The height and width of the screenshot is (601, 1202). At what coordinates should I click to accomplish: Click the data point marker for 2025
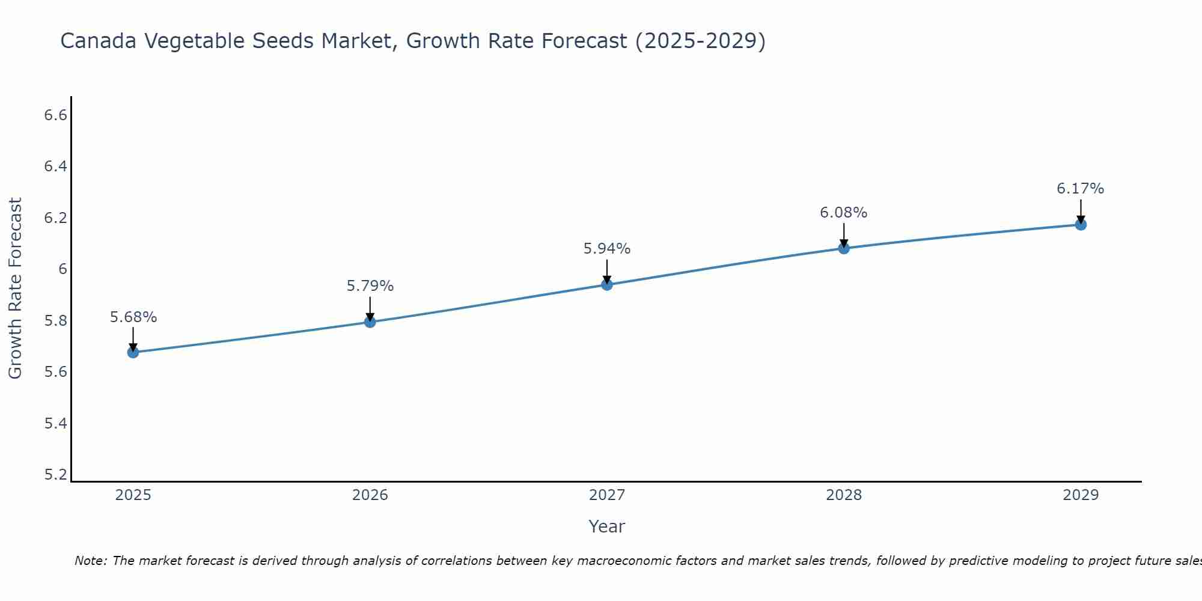coord(133,352)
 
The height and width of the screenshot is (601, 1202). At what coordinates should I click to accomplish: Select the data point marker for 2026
coord(370,322)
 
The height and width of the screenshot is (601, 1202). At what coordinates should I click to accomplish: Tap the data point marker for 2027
coord(607,284)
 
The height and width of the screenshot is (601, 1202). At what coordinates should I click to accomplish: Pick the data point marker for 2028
coord(844,248)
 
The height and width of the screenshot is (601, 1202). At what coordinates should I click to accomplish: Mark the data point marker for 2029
coord(1081,225)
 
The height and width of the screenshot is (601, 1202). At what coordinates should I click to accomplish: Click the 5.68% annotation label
coord(133,317)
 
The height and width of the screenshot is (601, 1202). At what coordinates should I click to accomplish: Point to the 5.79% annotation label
coord(370,286)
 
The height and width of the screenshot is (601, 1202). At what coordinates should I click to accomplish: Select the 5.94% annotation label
coord(607,249)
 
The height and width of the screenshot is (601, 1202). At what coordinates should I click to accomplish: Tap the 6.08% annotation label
coord(844,213)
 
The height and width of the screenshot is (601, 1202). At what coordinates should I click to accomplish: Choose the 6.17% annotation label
coord(1081,189)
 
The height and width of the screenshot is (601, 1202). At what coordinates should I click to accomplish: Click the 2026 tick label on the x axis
coord(370,495)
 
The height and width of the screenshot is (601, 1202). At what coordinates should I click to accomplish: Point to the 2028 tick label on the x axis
coord(844,495)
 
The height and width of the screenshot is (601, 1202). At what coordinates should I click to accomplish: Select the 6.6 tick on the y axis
coord(55,115)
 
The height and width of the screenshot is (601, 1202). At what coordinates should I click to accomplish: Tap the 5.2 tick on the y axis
coord(55,475)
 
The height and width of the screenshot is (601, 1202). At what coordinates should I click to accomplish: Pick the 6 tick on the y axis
coord(63,269)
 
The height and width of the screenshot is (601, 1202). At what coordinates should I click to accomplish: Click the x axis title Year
coord(607,526)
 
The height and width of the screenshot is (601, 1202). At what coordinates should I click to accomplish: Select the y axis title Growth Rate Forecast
coord(15,288)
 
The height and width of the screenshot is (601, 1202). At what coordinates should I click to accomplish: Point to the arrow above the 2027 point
coord(607,271)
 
